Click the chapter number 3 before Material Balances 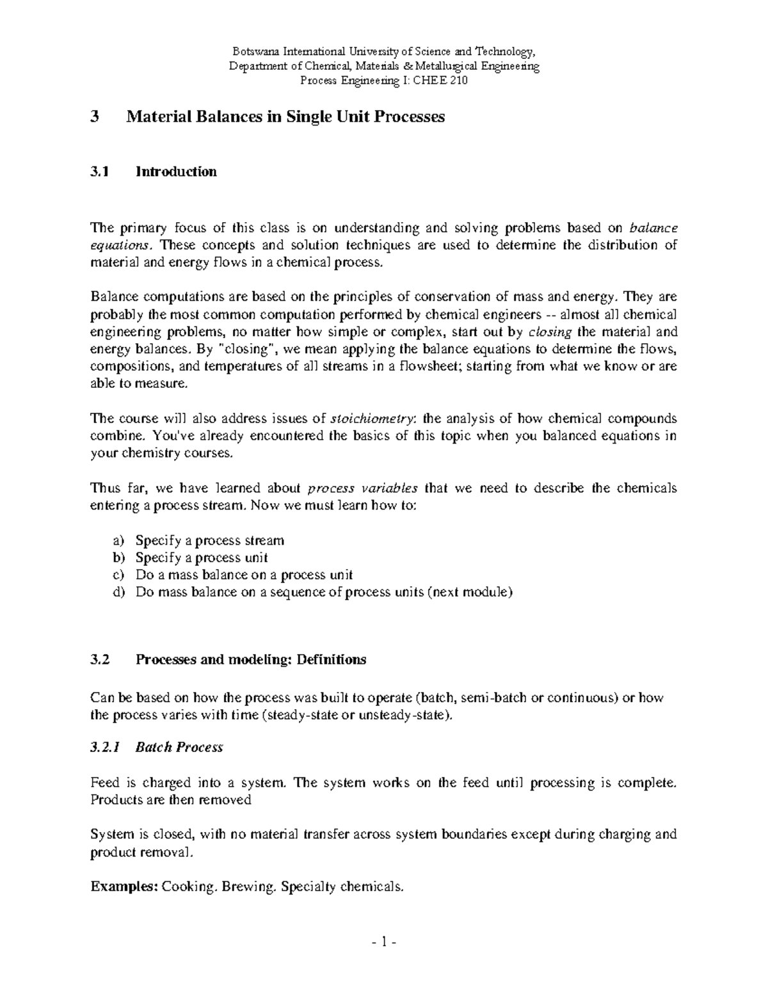[95, 117]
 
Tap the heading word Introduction [176, 172]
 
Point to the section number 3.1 [100, 172]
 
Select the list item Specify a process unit [202, 557]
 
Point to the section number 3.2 [100, 660]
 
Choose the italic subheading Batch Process [179, 747]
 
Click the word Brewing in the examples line [246, 886]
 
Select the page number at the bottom [384, 942]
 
